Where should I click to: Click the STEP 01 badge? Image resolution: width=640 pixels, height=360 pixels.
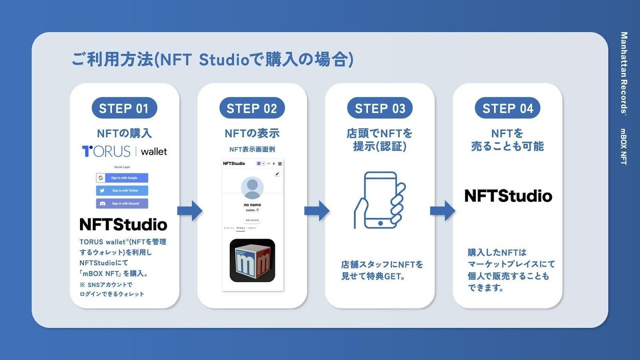point(124,108)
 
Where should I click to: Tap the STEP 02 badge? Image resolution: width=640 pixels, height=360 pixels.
point(252,108)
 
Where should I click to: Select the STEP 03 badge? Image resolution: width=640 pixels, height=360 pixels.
point(380,108)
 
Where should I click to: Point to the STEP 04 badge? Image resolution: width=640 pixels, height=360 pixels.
point(507,108)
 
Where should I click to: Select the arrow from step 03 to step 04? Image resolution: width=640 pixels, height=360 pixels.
point(442,211)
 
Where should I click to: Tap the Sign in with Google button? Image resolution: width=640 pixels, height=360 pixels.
point(122,178)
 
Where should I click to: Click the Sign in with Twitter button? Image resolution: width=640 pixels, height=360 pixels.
point(122,190)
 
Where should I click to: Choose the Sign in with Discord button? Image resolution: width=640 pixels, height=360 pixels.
point(122,203)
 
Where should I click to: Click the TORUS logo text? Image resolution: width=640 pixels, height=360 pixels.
point(106,151)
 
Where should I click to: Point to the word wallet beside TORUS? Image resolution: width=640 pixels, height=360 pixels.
point(154,152)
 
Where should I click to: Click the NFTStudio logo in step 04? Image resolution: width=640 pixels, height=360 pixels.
point(508,196)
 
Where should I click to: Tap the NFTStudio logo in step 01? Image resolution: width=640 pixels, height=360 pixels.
point(123,224)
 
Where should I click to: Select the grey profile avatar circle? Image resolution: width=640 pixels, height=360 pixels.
point(252,187)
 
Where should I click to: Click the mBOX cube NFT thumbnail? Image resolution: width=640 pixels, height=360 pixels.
point(252,260)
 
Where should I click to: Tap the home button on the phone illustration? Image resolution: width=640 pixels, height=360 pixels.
point(380,223)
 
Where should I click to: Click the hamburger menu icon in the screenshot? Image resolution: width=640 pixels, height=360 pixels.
point(280,164)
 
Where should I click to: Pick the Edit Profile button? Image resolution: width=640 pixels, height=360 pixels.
point(252,220)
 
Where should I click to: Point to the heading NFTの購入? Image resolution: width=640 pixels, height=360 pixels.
point(124,133)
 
